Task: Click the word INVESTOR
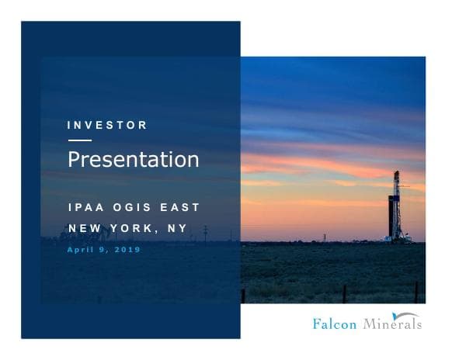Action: [x=107, y=125]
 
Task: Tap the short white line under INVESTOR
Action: [x=79, y=140]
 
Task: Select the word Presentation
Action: [x=134, y=160]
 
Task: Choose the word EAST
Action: [x=180, y=207]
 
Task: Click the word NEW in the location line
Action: [x=84, y=228]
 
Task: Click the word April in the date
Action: [x=80, y=250]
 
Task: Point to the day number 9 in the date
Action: [x=103, y=250]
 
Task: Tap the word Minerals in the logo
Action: [x=392, y=324]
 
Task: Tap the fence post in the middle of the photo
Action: [x=344, y=292]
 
